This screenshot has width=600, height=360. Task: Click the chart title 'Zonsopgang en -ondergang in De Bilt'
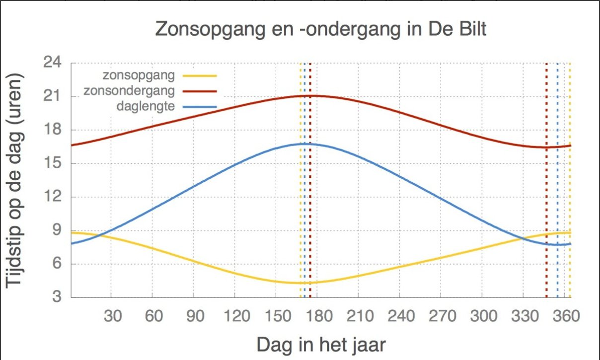pos(320,29)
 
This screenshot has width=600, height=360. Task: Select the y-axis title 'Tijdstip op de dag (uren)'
pos(15,180)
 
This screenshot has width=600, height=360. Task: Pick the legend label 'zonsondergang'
pos(129,91)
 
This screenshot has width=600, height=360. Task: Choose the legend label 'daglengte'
pos(146,106)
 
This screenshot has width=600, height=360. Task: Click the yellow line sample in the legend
pos(200,75)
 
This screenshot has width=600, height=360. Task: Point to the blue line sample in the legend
pos(200,106)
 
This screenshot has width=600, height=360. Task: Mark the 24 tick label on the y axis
pos(52,63)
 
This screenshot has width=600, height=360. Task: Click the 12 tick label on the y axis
pos(52,197)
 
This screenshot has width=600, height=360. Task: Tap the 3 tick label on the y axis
pos(57,298)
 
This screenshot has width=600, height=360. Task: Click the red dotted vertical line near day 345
pos(546,199)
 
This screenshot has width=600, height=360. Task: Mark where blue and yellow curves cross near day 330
pos(523,238)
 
